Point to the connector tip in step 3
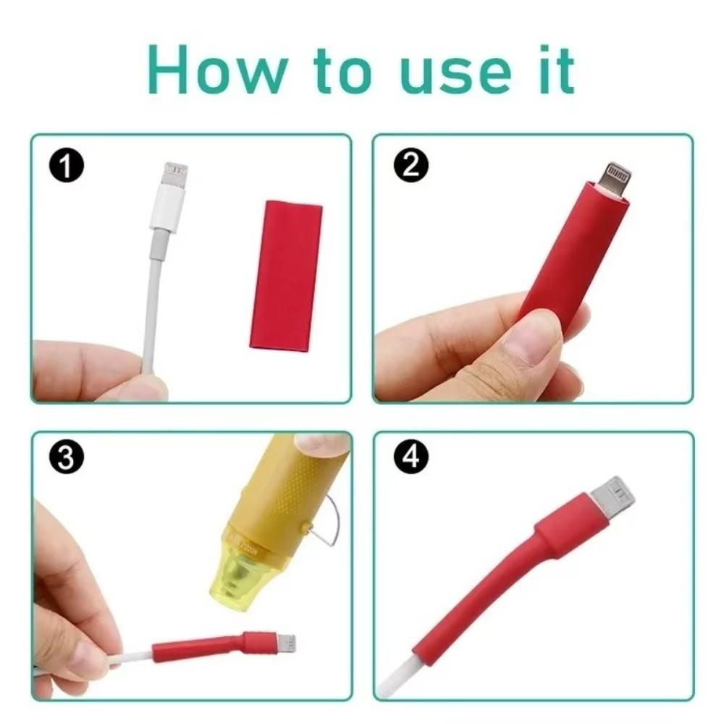click(x=285, y=641)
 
